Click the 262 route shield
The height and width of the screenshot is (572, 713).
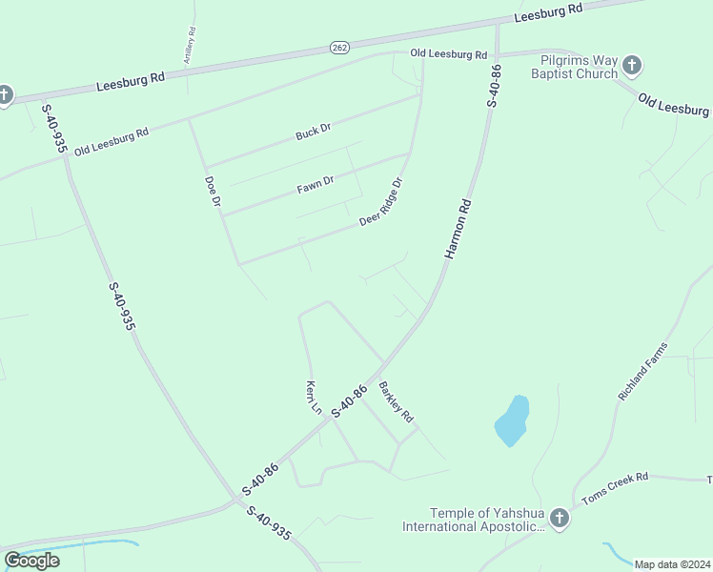coord(339,46)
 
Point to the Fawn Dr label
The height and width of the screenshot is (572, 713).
coord(316,183)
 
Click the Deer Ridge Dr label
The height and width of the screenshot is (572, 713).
coord(382,202)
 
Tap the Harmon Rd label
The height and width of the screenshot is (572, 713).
coord(458,229)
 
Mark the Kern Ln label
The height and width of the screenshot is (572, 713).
coord(312,398)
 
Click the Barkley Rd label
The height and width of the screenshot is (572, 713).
coord(396,402)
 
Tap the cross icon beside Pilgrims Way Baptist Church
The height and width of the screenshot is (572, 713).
coord(631,67)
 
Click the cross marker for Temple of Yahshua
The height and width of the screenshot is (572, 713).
coord(560,519)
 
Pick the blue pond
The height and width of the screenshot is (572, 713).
coord(512,420)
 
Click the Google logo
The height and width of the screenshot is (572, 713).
coord(31,561)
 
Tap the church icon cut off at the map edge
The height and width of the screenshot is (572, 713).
coord(5,94)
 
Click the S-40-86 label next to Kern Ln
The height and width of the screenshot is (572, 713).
coord(349,400)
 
